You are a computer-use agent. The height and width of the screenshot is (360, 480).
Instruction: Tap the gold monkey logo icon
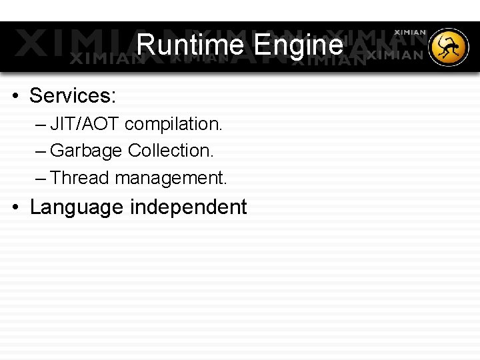pyautogui.click(x=449, y=48)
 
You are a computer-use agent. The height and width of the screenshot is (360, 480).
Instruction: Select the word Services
pyautogui.click(x=70, y=96)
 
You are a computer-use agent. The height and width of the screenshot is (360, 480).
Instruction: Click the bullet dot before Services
pyautogui.click(x=15, y=97)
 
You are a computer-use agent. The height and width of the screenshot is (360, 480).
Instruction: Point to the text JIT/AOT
pyautogui.click(x=85, y=124)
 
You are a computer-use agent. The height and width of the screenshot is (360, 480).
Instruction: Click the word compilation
pyautogui.click(x=173, y=124)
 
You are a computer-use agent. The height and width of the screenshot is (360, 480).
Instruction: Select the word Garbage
pyautogui.click(x=86, y=151)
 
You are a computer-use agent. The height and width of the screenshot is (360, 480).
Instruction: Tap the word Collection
pyautogui.click(x=171, y=151)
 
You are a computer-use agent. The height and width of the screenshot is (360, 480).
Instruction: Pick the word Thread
pyautogui.click(x=79, y=178)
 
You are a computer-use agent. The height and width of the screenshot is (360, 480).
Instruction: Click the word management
pyautogui.click(x=170, y=179)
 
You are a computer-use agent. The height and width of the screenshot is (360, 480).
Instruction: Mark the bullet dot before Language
pyautogui.click(x=15, y=207)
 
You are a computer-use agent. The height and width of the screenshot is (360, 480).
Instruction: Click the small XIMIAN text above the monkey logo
pyautogui.click(x=410, y=32)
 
